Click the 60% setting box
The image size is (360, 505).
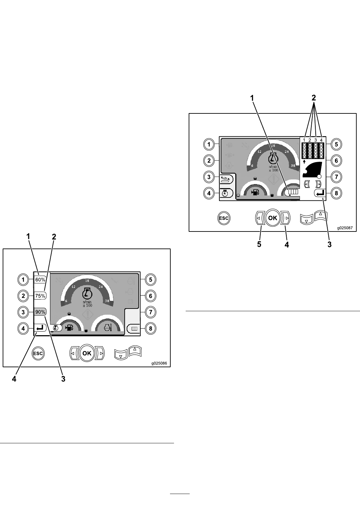[x=40, y=280]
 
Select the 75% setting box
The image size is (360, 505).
[x=40, y=296]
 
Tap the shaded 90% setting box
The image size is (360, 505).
[x=40, y=312]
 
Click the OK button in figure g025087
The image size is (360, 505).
[x=273, y=218]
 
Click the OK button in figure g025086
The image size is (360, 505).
[x=87, y=353]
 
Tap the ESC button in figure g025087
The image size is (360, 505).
[x=223, y=218]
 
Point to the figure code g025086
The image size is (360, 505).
[x=159, y=363]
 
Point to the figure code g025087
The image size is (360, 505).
[x=345, y=228]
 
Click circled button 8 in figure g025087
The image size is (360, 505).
[x=336, y=193]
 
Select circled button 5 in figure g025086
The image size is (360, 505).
[x=151, y=280]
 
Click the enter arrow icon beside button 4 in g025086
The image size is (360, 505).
[x=40, y=328]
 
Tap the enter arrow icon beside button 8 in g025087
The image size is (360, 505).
[x=320, y=193]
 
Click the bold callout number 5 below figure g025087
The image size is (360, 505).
[x=259, y=244]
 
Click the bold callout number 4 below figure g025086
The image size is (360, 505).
[x=14, y=379]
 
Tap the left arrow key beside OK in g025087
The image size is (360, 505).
[x=259, y=218]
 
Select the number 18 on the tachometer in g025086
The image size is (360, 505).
[x=87, y=281]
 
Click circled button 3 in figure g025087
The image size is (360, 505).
[x=209, y=177]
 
